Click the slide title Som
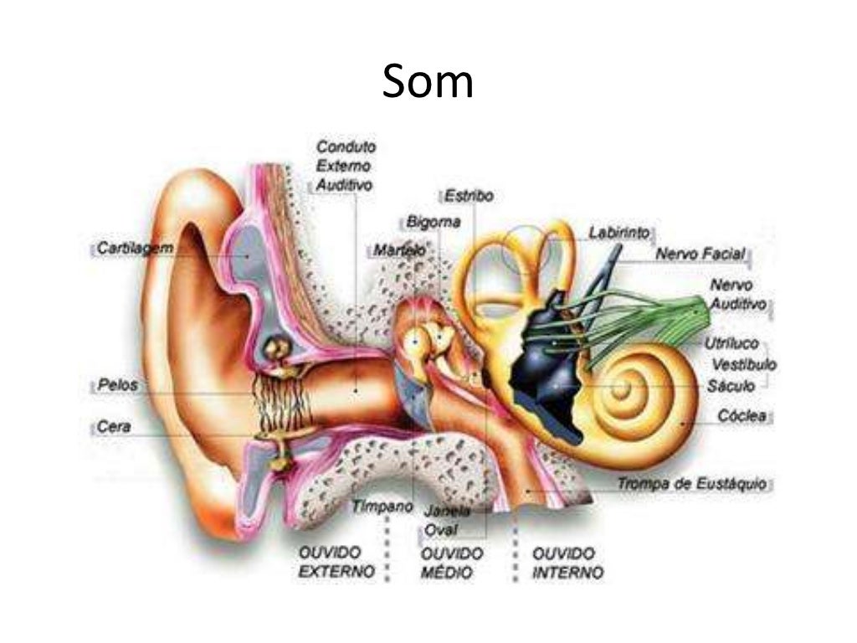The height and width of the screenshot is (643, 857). click(428, 83)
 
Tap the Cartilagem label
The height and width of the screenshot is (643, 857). click(135, 248)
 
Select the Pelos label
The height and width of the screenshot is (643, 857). click(116, 386)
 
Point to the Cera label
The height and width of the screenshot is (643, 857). click(114, 427)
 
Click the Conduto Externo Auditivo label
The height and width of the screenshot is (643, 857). click(345, 166)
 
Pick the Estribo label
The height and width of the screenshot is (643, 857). click(469, 197)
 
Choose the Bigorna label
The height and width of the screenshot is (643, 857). click(433, 223)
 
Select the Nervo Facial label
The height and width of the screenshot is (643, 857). click(700, 254)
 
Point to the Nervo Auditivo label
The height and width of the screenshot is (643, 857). click(737, 296)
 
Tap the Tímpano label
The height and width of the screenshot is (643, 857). click(382, 507)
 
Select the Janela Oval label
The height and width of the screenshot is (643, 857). click(447, 520)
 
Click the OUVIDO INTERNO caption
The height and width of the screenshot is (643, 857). click(567, 563)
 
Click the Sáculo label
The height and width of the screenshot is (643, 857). click(731, 386)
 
